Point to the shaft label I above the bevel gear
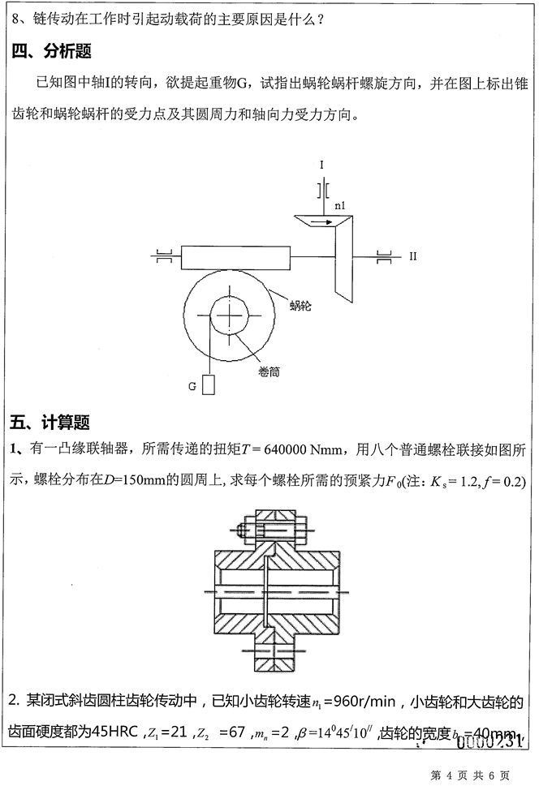[321, 165]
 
